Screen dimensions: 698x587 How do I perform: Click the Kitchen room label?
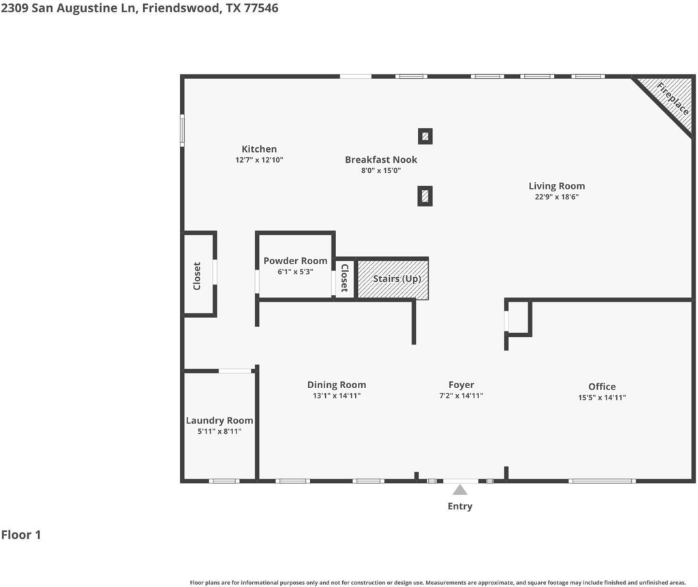pyautogui.click(x=259, y=149)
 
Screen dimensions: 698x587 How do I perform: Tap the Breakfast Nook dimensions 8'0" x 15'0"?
pyautogui.click(x=381, y=170)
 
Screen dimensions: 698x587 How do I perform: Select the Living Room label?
pyautogui.click(x=557, y=186)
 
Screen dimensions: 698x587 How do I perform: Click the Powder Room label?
pyautogui.click(x=295, y=261)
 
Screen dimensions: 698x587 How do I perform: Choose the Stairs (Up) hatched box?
pyautogui.click(x=393, y=279)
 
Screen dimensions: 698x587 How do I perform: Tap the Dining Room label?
pyautogui.click(x=337, y=385)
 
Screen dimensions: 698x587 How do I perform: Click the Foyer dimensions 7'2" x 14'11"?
pyautogui.click(x=461, y=396)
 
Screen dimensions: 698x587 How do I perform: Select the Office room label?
pyautogui.click(x=602, y=386)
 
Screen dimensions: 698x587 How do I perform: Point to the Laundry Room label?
pyautogui.click(x=219, y=420)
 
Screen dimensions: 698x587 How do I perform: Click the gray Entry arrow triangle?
pyautogui.click(x=460, y=490)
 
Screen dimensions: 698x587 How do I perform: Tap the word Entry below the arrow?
pyautogui.click(x=460, y=506)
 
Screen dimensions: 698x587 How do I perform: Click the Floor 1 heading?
pyautogui.click(x=21, y=535)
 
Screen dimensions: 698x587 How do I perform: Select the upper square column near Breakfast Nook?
pyautogui.click(x=425, y=136)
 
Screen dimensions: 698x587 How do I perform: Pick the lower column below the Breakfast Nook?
pyautogui.click(x=425, y=196)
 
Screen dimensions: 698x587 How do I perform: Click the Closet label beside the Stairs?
pyautogui.click(x=344, y=278)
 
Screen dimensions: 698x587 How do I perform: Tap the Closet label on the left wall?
pyautogui.click(x=197, y=276)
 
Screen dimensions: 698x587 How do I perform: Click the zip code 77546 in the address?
pyautogui.click(x=261, y=8)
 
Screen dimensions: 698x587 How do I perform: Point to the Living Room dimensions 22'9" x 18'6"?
pyautogui.click(x=557, y=197)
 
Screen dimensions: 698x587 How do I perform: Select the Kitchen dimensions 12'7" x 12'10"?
pyautogui.click(x=259, y=159)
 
